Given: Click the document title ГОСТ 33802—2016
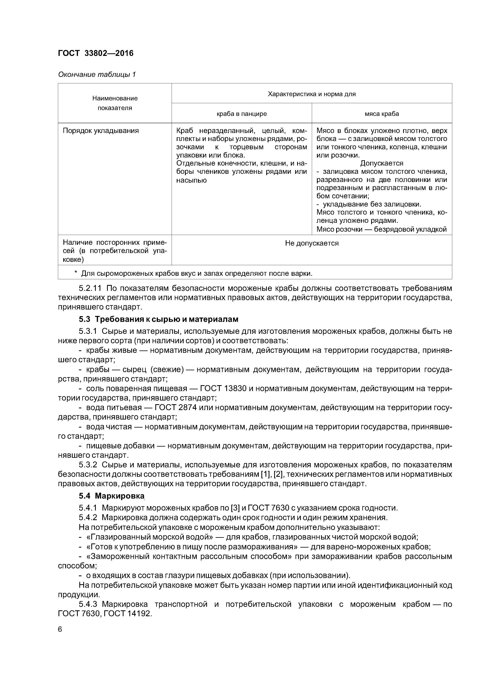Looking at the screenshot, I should tap(95, 53).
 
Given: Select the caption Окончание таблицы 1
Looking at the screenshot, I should tap(97, 74).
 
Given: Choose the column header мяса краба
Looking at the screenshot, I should tap(382, 114).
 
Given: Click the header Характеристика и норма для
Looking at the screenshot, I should tap(311, 94).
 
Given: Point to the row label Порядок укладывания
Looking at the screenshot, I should tap(101, 131).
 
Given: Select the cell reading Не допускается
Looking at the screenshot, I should tap(311, 243).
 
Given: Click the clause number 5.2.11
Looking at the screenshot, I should tap(90, 288).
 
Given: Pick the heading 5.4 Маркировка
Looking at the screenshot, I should tap(112, 496).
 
